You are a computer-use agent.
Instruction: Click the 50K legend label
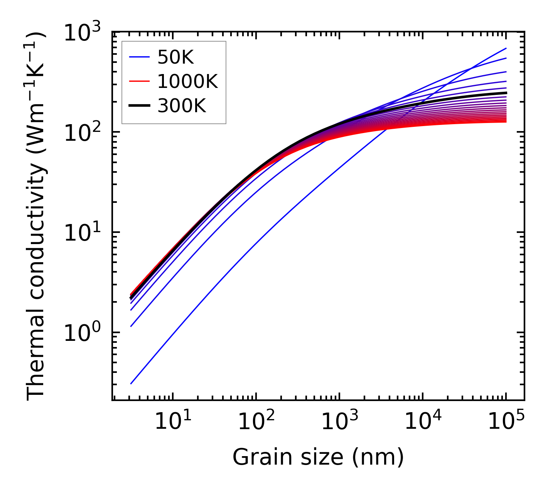175,58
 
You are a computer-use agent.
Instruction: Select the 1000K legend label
187,81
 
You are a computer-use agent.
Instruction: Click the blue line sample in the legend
139,58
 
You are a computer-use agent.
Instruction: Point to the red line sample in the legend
139,81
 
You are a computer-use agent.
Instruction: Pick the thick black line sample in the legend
139,105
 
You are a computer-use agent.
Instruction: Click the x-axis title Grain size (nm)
318,458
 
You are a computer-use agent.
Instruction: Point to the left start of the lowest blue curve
131,384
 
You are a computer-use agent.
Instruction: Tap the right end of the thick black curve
506,93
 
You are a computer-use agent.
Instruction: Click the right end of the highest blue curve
506,48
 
